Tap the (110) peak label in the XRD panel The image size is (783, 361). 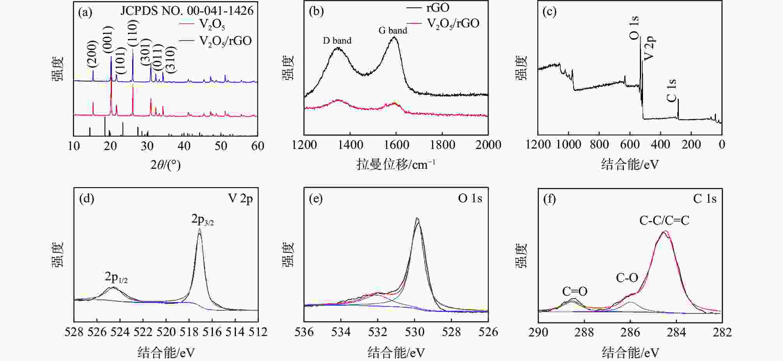point(133,33)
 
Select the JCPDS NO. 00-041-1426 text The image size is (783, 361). point(187,11)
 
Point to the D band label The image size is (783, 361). point(337,41)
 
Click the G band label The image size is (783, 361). point(393,30)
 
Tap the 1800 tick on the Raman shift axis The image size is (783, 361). point(442,145)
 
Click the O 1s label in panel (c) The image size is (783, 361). point(634,28)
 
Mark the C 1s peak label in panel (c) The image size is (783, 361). point(671,90)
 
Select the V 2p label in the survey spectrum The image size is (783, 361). point(650,48)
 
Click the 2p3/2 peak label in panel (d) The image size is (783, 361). point(202,220)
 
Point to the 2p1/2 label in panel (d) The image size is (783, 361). point(116,277)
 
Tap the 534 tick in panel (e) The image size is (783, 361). point(341,332)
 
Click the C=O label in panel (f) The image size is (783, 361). point(574,291)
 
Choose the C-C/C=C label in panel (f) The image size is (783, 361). point(664,221)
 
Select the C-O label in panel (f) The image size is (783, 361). point(627,278)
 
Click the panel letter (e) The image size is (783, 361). point(315,199)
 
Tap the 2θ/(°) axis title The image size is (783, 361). point(165,165)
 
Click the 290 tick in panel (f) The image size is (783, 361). point(538,332)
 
